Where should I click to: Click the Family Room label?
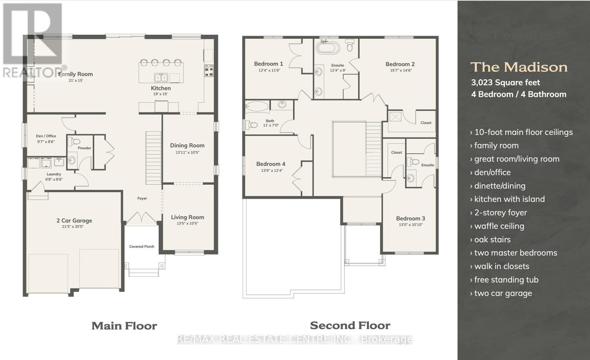[x=76, y=74]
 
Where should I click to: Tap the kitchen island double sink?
[x=161, y=77]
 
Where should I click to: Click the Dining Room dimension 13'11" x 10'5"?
[x=187, y=152]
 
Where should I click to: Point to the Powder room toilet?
[x=75, y=141]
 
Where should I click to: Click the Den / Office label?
[x=46, y=136]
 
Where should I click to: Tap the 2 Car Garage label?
[x=74, y=220]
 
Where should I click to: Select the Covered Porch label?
[x=142, y=247]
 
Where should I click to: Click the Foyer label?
[x=142, y=198]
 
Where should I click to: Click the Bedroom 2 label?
[x=400, y=64]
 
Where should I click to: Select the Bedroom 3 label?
[x=410, y=218]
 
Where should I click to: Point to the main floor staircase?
[x=153, y=157]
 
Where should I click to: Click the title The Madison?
[x=518, y=67]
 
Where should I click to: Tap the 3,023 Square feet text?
[x=505, y=83]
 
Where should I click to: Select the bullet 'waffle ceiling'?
[x=499, y=226]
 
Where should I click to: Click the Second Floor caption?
[x=350, y=325]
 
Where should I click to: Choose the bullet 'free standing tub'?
[x=506, y=280]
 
